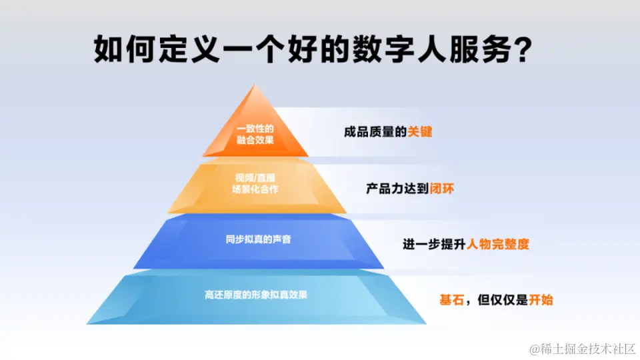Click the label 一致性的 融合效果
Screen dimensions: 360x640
[255, 134]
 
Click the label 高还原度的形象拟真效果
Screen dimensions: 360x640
[256, 295]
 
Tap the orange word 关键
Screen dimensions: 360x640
[420, 132]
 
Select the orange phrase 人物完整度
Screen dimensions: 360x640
[498, 244]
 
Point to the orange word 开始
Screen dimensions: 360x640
[541, 300]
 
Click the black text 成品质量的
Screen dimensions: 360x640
[375, 132]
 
